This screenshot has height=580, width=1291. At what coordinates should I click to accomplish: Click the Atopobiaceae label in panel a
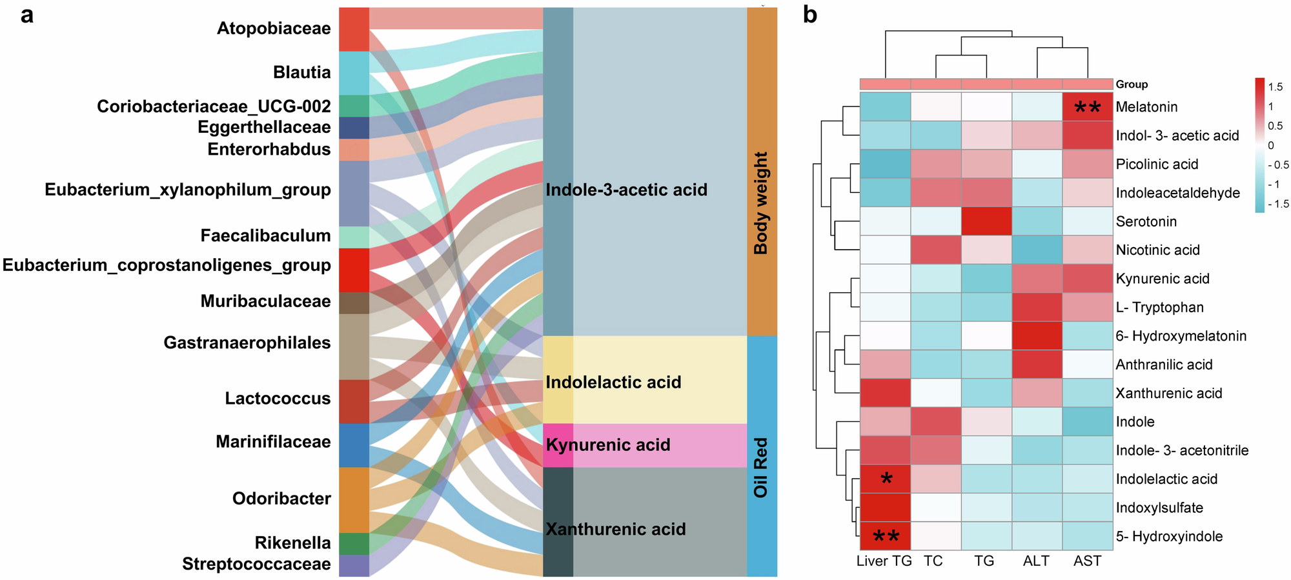click(273, 28)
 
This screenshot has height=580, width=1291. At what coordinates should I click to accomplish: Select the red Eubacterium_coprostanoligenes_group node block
click(354, 270)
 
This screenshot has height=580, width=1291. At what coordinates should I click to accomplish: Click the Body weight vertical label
click(761, 203)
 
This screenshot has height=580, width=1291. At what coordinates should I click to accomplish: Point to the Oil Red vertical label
click(761, 468)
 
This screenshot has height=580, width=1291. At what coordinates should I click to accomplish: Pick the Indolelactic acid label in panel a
click(613, 382)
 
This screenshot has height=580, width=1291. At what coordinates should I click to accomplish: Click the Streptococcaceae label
click(256, 564)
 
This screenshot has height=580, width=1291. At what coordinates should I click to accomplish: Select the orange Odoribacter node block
click(354, 499)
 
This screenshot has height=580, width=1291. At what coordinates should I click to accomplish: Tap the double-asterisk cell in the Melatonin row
click(1088, 106)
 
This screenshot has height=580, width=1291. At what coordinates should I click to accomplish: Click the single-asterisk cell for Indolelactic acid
click(885, 479)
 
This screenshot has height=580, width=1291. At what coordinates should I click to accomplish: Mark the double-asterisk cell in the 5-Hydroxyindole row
click(885, 536)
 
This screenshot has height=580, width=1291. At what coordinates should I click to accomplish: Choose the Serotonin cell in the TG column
click(986, 221)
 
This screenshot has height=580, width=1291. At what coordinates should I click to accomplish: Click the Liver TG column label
click(884, 561)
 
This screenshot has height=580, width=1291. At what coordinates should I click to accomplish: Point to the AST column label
click(1087, 561)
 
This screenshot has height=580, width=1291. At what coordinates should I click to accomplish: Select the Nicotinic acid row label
click(1157, 250)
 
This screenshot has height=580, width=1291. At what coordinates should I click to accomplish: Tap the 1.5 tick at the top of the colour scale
click(1275, 86)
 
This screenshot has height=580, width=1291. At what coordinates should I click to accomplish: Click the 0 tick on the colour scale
click(1271, 145)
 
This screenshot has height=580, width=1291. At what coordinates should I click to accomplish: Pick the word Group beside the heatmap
click(1132, 85)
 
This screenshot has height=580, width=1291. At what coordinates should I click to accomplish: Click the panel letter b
click(810, 14)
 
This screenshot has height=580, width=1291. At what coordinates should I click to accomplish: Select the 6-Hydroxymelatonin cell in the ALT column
click(1037, 335)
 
